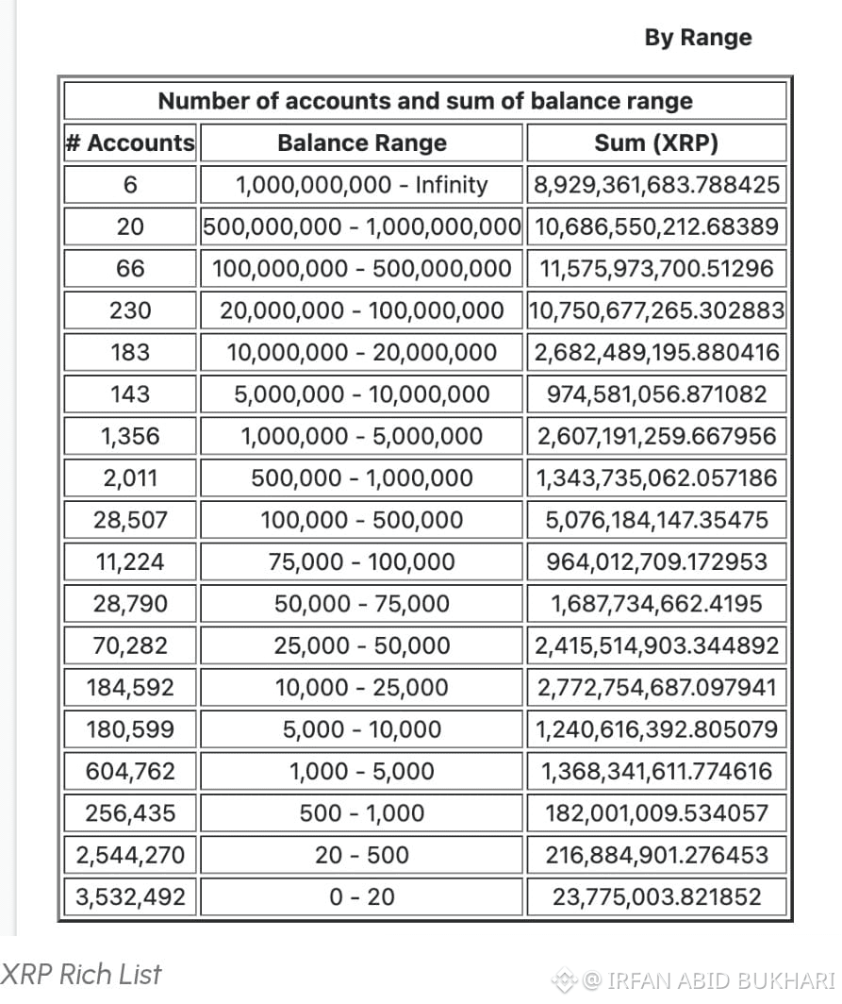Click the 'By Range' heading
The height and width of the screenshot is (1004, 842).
(x=698, y=38)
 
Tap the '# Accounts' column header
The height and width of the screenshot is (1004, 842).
(x=130, y=142)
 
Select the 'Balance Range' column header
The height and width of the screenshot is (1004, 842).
(x=361, y=142)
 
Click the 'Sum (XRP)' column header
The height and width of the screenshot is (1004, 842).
(x=656, y=142)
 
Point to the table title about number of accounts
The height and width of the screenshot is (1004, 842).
(x=424, y=101)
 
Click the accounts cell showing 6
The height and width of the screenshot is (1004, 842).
(x=130, y=184)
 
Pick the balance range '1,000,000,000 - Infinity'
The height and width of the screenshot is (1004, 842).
(x=361, y=184)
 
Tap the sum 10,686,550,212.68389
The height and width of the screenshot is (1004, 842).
(x=656, y=226)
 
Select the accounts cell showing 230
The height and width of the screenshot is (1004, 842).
(x=130, y=310)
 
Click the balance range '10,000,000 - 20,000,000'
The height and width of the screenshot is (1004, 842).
(x=361, y=352)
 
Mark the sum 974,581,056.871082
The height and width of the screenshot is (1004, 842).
(x=656, y=393)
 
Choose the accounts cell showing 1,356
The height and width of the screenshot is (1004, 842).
(x=130, y=436)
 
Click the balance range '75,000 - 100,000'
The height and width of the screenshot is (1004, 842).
(x=361, y=561)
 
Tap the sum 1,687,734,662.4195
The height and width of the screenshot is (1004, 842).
(x=656, y=603)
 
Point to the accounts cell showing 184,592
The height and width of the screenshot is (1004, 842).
(x=130, y=687)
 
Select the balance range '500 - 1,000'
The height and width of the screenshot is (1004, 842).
(x=361, y=812)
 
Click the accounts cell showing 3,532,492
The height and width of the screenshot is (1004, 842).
(x=130, y=896)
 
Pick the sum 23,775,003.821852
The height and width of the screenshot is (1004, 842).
(x=656, y=896)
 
